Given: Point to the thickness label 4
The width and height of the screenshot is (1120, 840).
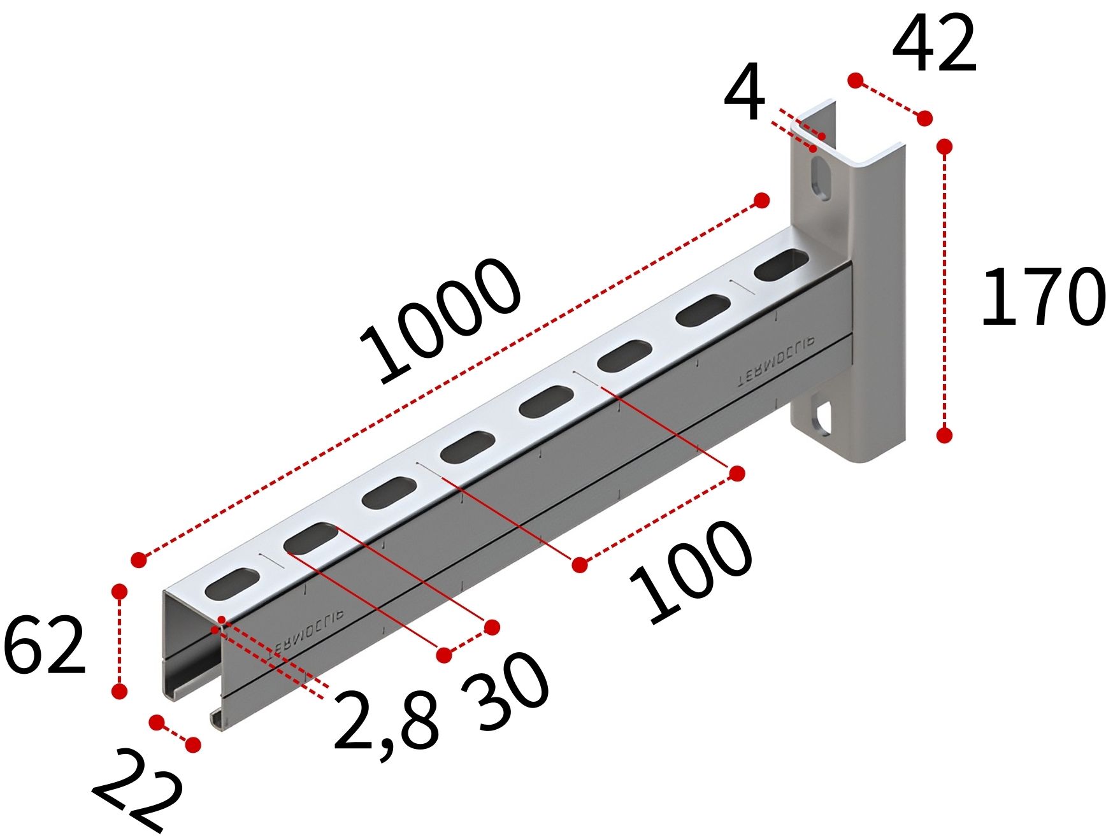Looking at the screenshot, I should click(x=745, y=92).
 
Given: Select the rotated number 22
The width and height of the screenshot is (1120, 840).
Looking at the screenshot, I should click(x=138, y=790).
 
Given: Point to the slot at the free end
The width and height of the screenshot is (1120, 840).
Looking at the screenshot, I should click(x=233, y=583).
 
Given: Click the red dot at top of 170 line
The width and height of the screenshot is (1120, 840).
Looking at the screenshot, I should click(x=945, y=147).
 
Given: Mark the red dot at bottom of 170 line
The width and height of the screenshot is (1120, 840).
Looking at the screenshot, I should click(x=945, y=435).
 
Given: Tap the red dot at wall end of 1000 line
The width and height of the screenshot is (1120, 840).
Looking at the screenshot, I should click(x=761, y=201).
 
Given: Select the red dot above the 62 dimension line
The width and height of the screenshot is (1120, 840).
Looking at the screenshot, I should click(x=119, y=592).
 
